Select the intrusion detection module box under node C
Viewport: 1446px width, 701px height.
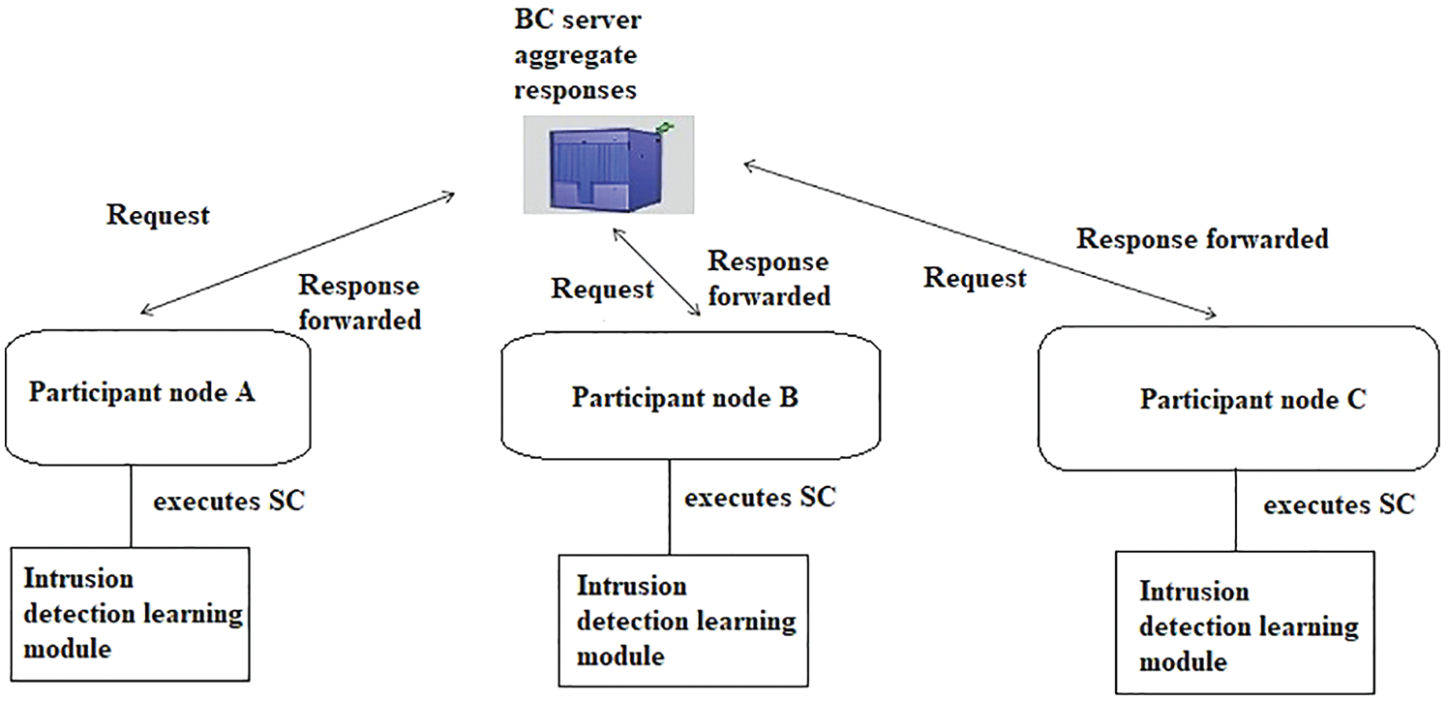click(x=1248, y=625)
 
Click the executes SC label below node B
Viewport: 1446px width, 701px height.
click(x=760, y=498)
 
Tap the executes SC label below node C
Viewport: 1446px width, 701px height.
click(x=1339, y=504)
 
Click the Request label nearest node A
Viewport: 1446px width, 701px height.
click(x=158, y=215)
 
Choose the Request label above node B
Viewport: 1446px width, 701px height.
click(x=602, y=289)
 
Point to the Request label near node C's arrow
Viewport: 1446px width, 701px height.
click(x=975, y=279)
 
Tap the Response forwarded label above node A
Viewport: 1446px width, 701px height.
click(x=359, y=302)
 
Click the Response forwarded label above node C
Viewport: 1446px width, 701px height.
click(x=1202, y=238)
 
